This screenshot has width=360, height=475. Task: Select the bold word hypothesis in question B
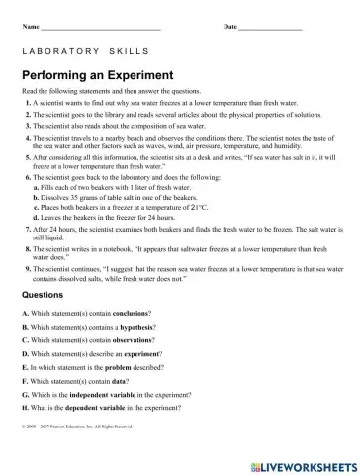coord(126,327)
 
